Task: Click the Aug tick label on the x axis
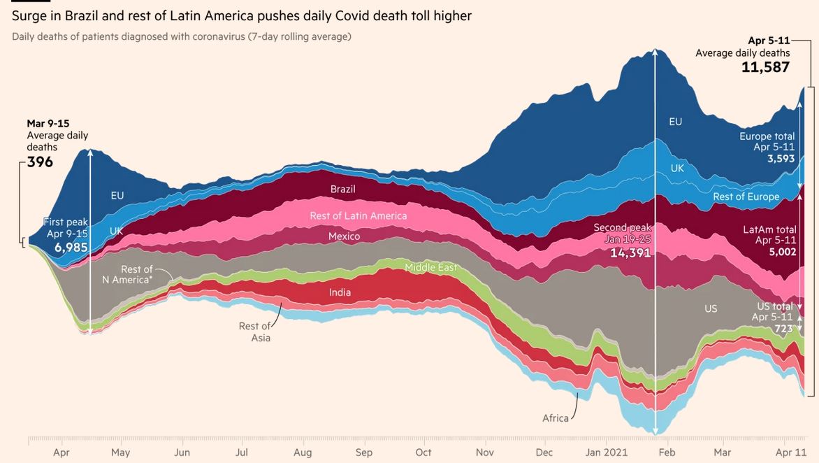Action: coord(303,453)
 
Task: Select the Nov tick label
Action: coord(485,453)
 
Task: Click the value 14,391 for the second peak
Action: coord(630,252)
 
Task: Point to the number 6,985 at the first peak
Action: coord(71,247)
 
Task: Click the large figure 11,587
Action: coord(765,67)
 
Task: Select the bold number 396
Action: coord(40,162)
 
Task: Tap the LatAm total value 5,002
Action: coord(782,252)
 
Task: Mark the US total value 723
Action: coord(783,328)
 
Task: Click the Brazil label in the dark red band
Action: coord(342,190)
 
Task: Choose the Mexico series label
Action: coord(345,236)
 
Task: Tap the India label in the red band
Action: coord(340,292)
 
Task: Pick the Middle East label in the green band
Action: coord(431,267)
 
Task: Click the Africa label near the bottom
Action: coord(556,418)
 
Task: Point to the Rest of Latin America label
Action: coord(358,216)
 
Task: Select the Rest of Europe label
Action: coord(746,197)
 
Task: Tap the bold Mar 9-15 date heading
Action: coord(48,124)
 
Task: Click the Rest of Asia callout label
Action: coord(254,332)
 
